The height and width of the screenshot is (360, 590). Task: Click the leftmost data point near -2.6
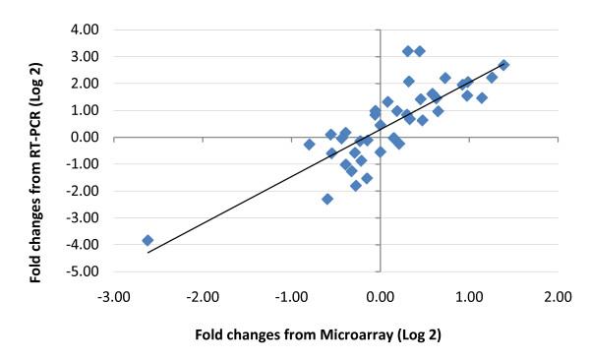pos(147,240)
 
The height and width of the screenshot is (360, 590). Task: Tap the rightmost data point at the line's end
pos(503,65)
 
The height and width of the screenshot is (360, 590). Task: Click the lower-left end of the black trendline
pos(147,253)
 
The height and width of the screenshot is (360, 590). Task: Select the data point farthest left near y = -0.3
pos(309,145)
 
